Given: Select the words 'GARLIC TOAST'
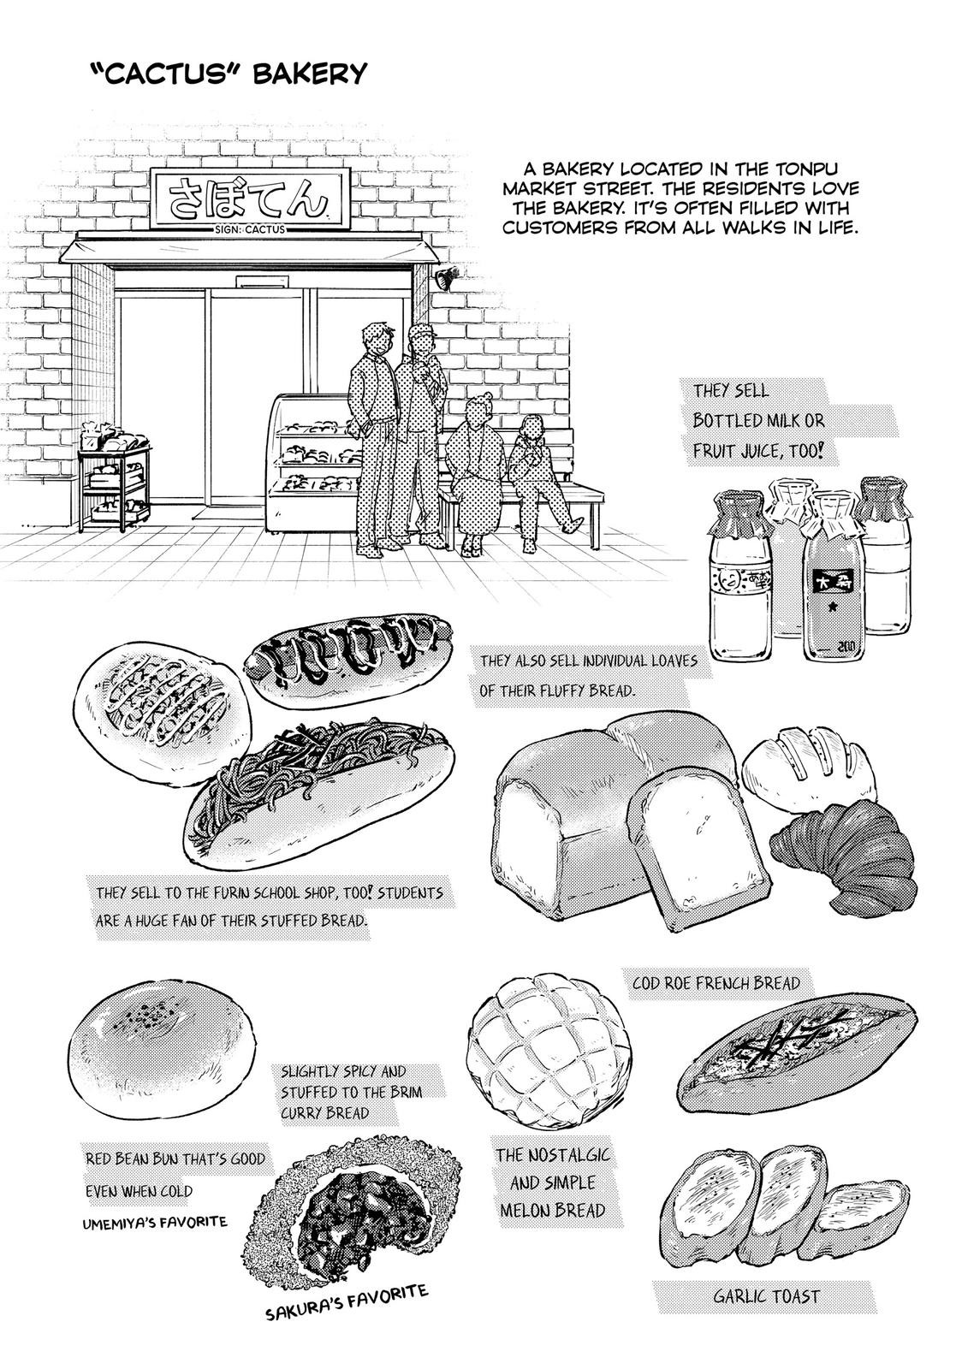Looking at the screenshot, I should click(x=766, y=1296).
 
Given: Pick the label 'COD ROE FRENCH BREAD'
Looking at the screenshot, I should click(x=716, y=983).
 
